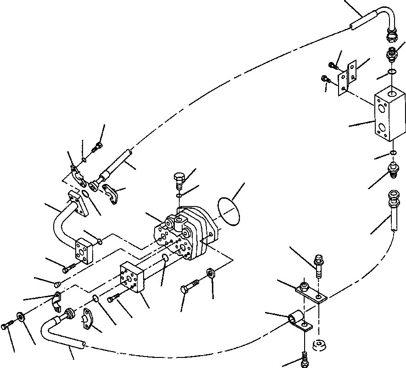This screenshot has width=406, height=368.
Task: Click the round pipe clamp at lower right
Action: [x=296, y=320]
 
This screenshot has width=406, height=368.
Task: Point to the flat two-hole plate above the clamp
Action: [x=310, y=292]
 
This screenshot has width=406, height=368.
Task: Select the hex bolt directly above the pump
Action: [x=179, y=180]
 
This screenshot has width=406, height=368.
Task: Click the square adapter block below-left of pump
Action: [x=132, y=279]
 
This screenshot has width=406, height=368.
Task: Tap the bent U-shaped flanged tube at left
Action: [x=64, y=220]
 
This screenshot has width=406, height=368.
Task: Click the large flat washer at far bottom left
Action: [x=21, y=317]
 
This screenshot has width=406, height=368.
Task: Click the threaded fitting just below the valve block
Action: [x=394, y=169]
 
